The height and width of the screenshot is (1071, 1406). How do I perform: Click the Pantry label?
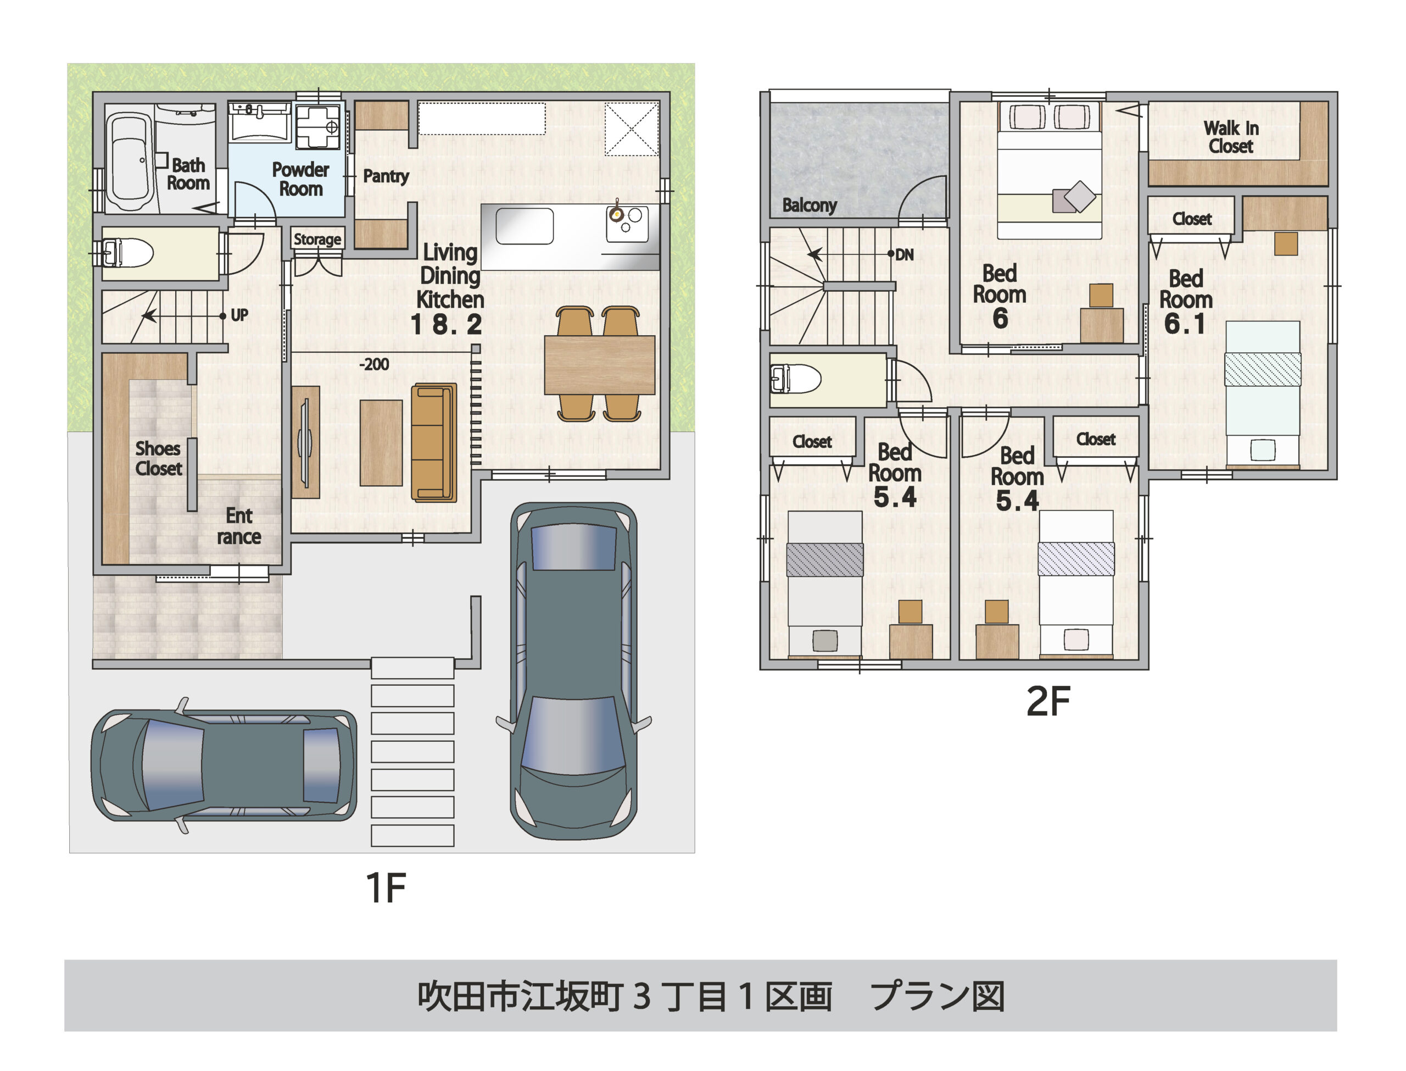point(386,176)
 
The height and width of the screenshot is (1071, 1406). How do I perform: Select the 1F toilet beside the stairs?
point(131,253)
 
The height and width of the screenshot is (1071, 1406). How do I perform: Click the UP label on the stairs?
point(239,315)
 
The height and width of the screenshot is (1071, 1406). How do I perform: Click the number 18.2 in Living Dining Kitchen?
point(446,325)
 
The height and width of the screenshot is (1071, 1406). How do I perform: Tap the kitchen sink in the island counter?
point(525,226)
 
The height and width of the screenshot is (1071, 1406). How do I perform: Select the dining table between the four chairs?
point(599,365)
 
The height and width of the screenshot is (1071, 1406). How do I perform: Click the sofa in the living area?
point(433,442)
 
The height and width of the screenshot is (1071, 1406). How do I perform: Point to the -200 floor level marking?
point(374,365)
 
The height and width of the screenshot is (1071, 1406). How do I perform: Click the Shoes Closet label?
point(159,458)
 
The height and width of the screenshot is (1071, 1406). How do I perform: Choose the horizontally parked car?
point(223,764)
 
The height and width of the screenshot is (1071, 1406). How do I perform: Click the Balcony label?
point(809,206)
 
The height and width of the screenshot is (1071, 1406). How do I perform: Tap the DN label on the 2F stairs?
point(904,255)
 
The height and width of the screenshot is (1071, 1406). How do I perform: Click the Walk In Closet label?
point(1230,137)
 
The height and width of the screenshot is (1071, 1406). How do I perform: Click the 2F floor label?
point(1048,702)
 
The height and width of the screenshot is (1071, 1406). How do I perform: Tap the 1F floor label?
point(386,887)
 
